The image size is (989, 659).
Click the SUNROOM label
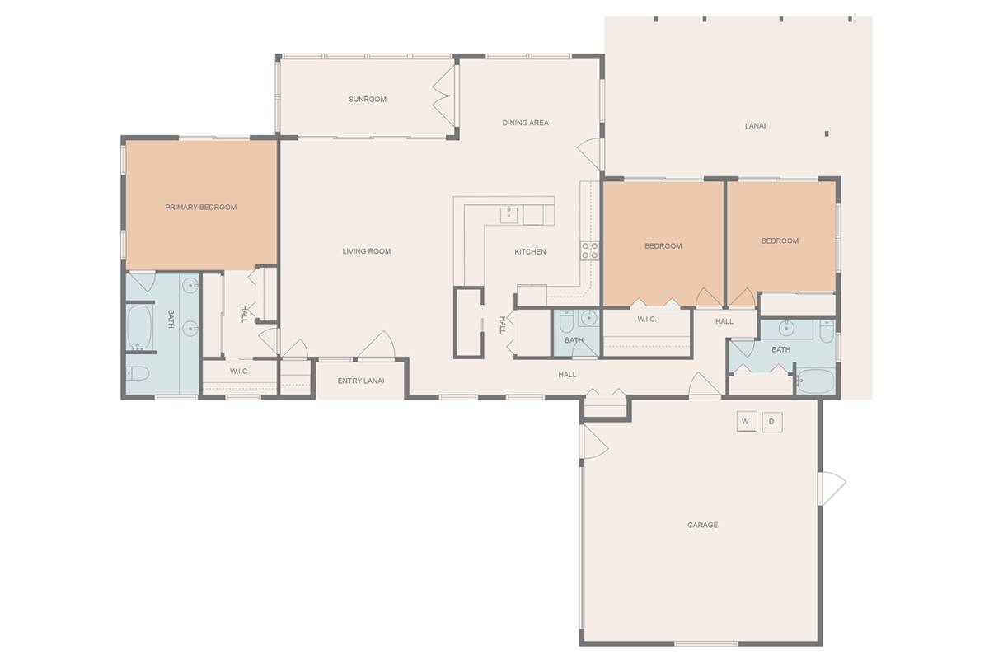[368, 100]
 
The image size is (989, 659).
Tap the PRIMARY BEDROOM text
[201, 207]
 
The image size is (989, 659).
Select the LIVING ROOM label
[367, 251]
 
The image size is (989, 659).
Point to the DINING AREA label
[526, 123]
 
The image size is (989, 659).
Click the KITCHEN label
[530, 251]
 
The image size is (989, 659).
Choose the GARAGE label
[702, 525]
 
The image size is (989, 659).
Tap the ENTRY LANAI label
[361, 381]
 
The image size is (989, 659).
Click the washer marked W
[747, 422]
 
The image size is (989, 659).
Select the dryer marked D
[772, 422]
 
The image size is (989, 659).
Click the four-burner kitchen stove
[589, 250]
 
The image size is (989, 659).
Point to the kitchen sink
[509, 215]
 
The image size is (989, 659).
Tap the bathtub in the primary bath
[139, 327]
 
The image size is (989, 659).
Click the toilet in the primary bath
[138, 373]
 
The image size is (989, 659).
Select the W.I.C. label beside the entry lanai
[239, 372]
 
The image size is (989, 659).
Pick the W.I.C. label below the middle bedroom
[647, 319]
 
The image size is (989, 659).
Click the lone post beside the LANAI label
[827, 133]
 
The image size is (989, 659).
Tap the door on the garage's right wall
[832, 488]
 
